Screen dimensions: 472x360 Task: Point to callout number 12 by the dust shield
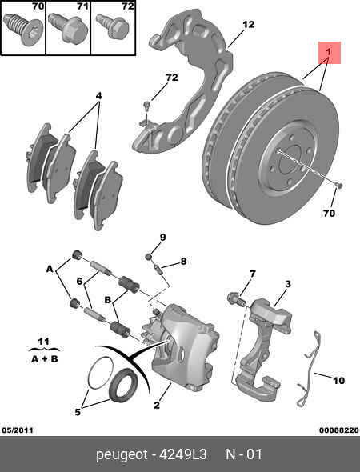(x=248, y=24)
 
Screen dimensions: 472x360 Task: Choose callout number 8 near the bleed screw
(x=183, y=261)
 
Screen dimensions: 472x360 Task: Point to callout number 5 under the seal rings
(x=78, y=413)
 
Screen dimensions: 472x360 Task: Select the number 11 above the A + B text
(x=43, y=342)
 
